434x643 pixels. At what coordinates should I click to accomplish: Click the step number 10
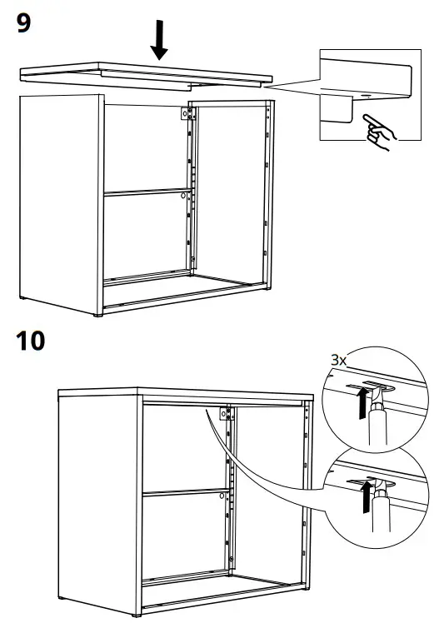(x=33, y=341)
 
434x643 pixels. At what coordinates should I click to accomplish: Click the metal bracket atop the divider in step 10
(x=224, y=415)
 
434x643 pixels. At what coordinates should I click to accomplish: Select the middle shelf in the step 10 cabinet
(x=183, y=493)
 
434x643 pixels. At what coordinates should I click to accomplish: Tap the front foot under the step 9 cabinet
(x=99, y=316)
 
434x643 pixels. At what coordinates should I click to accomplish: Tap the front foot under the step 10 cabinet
(x=137, y=616)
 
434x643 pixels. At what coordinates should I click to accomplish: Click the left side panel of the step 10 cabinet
(x=97, y=500)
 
